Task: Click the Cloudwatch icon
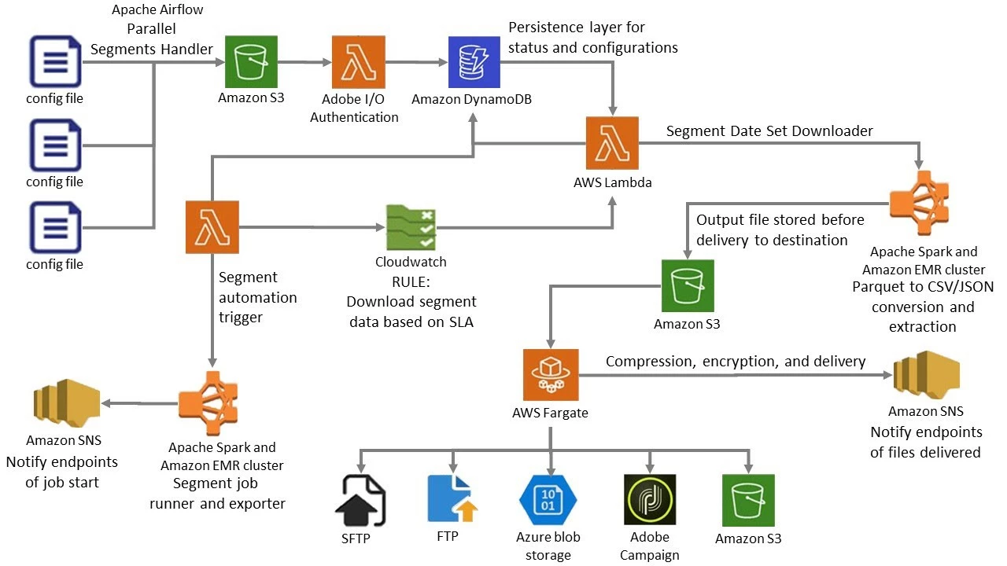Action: (411, 229)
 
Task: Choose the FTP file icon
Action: (452, 498)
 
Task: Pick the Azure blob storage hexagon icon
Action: (548, 498)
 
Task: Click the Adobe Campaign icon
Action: (649, 498)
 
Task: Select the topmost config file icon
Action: (55, 61)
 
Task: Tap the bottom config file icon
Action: (55, 227)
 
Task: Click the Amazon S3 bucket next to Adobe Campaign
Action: (748, 498)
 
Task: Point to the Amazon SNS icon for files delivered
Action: (926, 376)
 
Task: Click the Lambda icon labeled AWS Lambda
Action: (611, 143)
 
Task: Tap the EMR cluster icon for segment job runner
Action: (214, 405)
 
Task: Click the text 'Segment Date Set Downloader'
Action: (769, 131)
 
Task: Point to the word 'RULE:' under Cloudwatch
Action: (411, 282)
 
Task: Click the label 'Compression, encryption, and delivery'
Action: (736, 362)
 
